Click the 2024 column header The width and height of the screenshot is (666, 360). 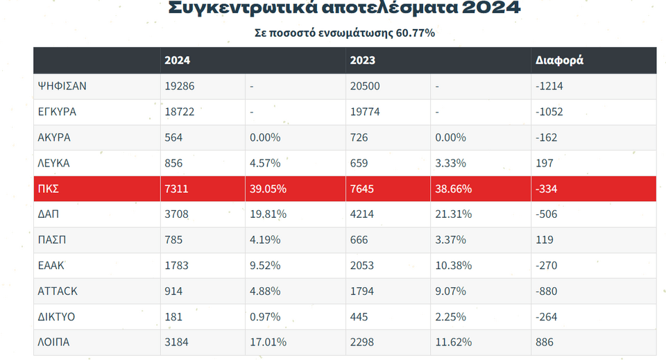click(177, 60)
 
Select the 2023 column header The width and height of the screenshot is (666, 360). click(363, 60)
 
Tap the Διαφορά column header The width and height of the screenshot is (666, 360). click(559, 60)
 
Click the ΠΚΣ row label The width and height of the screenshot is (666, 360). click(48, 189)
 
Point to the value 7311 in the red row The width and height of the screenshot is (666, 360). click(176, 189)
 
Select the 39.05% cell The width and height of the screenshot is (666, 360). click(268, 189)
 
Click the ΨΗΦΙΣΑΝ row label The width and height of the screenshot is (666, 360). click(62, 87)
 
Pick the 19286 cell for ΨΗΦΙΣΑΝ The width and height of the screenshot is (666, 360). click(179, 87)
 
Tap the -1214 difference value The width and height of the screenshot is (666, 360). click(549, 87)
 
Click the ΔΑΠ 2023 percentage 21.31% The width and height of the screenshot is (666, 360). click(454, 214)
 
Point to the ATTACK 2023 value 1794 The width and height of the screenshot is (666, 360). click(362, 291)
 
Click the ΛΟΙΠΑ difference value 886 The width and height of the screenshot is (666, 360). click(545, 342)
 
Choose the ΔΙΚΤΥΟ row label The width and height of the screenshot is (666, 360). click(57, 317)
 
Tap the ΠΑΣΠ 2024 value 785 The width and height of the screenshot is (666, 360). click(173, 240)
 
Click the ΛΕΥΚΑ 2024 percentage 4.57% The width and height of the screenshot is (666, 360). click(265, 163)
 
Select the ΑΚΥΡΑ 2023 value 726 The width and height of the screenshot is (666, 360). click(359, 137)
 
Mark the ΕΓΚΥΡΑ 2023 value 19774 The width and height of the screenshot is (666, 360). click(365, 112)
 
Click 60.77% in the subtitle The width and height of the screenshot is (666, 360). click(416, 33)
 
